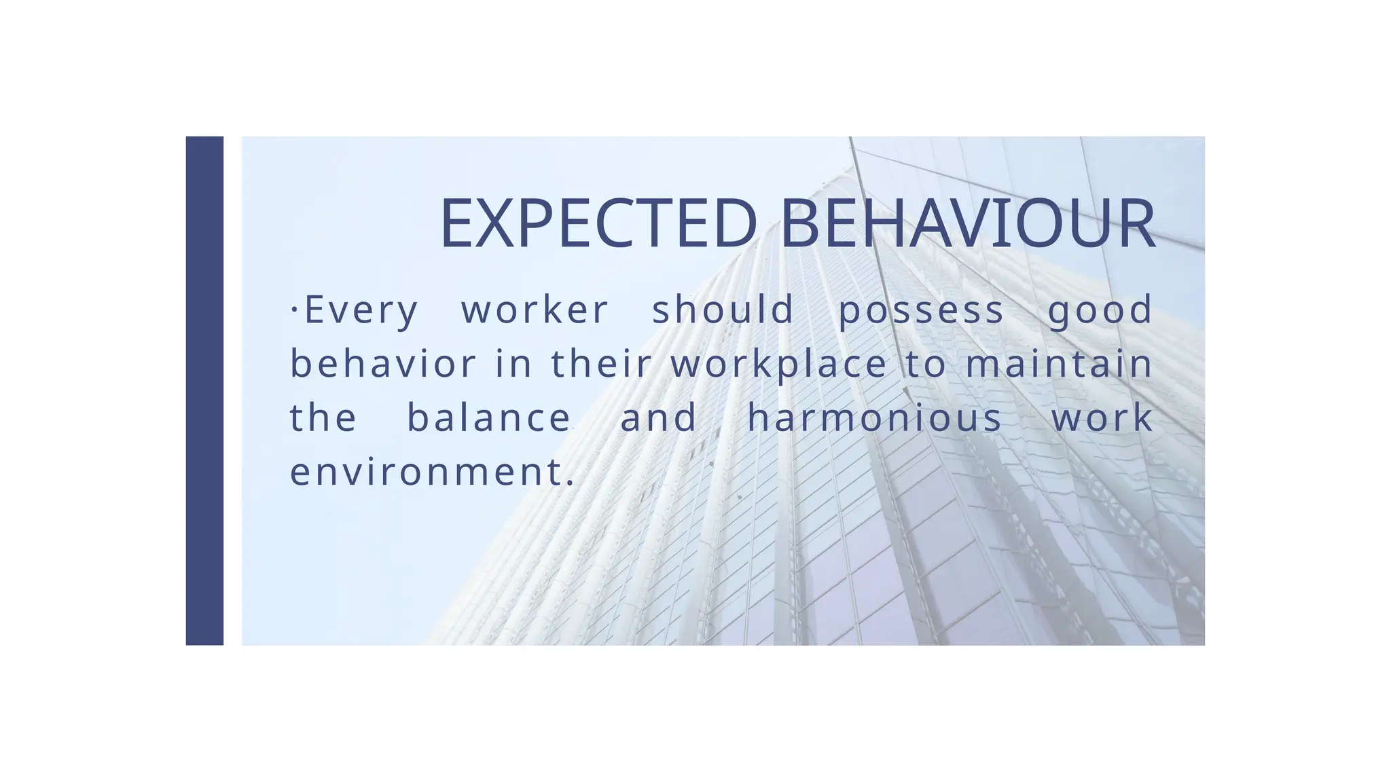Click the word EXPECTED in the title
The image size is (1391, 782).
598,224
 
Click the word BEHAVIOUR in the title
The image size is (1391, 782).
967,224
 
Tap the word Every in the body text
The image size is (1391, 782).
361,310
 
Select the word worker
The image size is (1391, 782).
535,310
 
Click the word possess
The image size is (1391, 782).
921,312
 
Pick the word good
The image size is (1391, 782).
1100,312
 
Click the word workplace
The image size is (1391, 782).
779,365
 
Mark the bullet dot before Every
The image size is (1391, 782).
294,310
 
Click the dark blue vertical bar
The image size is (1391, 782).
204,390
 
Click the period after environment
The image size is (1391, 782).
569,483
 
